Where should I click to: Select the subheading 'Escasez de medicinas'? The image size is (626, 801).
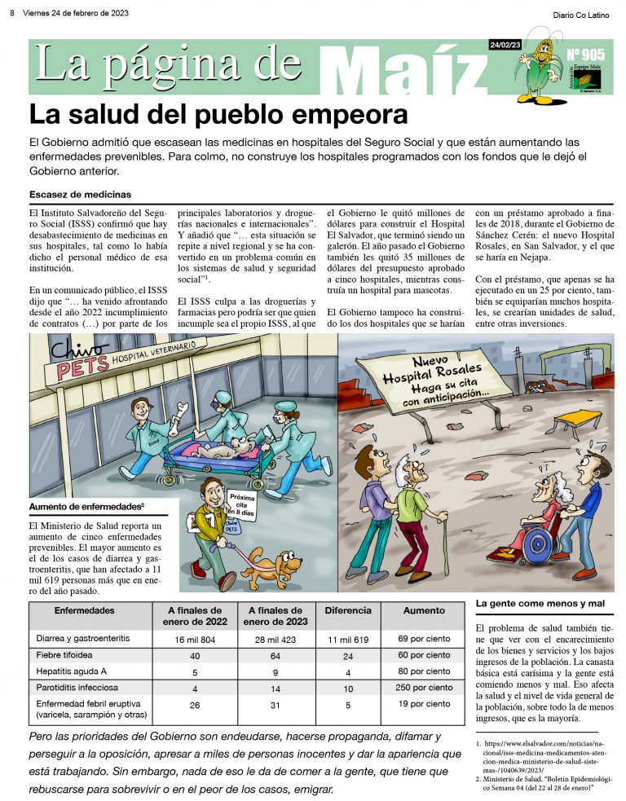(x=80, y=195)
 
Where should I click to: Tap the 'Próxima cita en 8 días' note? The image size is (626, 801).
(x=242, y=506)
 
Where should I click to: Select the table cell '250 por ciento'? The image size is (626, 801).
(x=424, y=688)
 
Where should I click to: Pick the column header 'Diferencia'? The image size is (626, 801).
(x=348, y=610)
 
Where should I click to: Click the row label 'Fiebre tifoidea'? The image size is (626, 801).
(x=64, y=655)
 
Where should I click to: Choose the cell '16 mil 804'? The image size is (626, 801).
(x=194, y=639)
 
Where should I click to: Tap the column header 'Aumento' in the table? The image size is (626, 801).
(x=424, y=610)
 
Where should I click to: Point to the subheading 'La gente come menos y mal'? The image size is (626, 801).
(x=540, y=603)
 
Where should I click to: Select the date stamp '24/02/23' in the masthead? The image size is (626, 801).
(x=505, y=44)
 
